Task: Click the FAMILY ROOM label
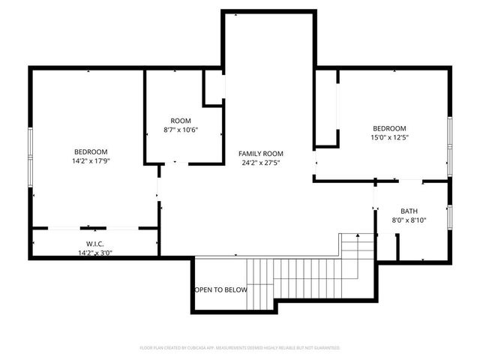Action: tap(261, 154)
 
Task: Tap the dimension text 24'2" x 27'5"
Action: tap(261, 163)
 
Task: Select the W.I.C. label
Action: tap(94, 244)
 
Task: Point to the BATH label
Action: tap(409, 211)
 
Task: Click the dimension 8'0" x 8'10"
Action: tap(409, 220)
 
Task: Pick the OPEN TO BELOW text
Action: tap(220, 289)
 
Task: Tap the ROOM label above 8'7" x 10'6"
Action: tap(181, 121)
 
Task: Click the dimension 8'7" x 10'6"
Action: tap(181, 130)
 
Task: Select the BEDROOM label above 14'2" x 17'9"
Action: tap(90, 152)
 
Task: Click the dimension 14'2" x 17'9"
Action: tap(90, 161)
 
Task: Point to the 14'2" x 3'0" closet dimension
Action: tap(94, 253)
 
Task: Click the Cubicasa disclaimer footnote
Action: tap(240, 348)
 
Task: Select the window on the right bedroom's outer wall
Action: tap(449, 142)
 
